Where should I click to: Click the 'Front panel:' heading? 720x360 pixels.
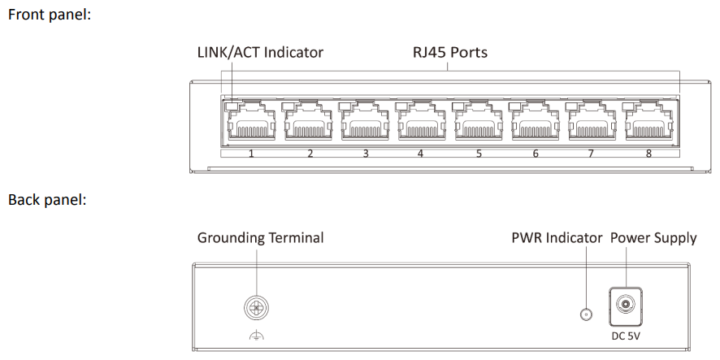coord(49,15)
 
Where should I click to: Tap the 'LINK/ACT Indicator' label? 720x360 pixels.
coord(260,53)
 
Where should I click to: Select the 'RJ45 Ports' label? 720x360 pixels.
coord(446,53)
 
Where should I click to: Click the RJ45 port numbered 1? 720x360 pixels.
coord(251,124)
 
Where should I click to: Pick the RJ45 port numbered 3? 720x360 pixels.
coord(365,124)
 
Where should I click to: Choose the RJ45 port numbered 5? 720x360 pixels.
coord(479,124)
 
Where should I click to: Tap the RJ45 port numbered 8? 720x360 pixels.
coord(649,124)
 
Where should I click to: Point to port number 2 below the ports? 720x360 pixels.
coord(310,153)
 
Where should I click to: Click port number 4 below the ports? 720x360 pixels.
coord(421,153)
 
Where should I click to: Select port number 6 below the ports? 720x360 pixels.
coord(536,153)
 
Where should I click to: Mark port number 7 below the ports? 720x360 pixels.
coord(592,153)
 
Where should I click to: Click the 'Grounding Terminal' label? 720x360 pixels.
coord(260,238)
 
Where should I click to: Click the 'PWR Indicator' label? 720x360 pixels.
coord(557,238)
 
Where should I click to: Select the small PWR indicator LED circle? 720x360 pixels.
coord(583,314)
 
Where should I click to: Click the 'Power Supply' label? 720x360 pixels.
coord(653,238)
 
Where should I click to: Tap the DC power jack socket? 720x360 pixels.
coord(626,306)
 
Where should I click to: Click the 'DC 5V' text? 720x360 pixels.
coord(626,335)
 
